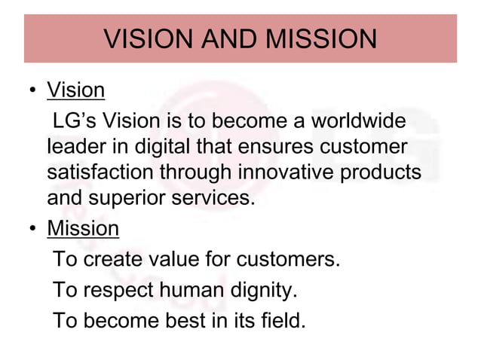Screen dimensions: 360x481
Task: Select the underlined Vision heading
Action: [x=75, y=91]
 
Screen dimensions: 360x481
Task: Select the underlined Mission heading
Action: [x=83, y=227]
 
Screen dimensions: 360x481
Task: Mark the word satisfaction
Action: [x=100, y=173]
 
